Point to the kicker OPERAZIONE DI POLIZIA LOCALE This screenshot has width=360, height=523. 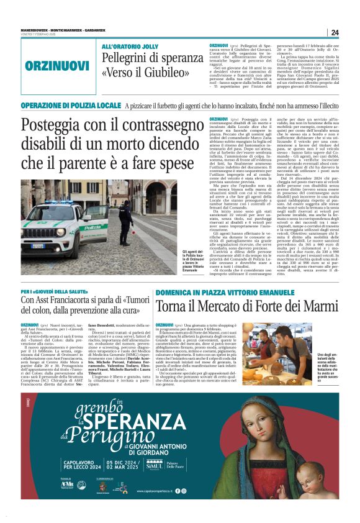point(71,106)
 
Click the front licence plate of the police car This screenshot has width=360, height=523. point(38,246)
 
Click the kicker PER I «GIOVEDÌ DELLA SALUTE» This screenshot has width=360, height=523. point(56,291)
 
